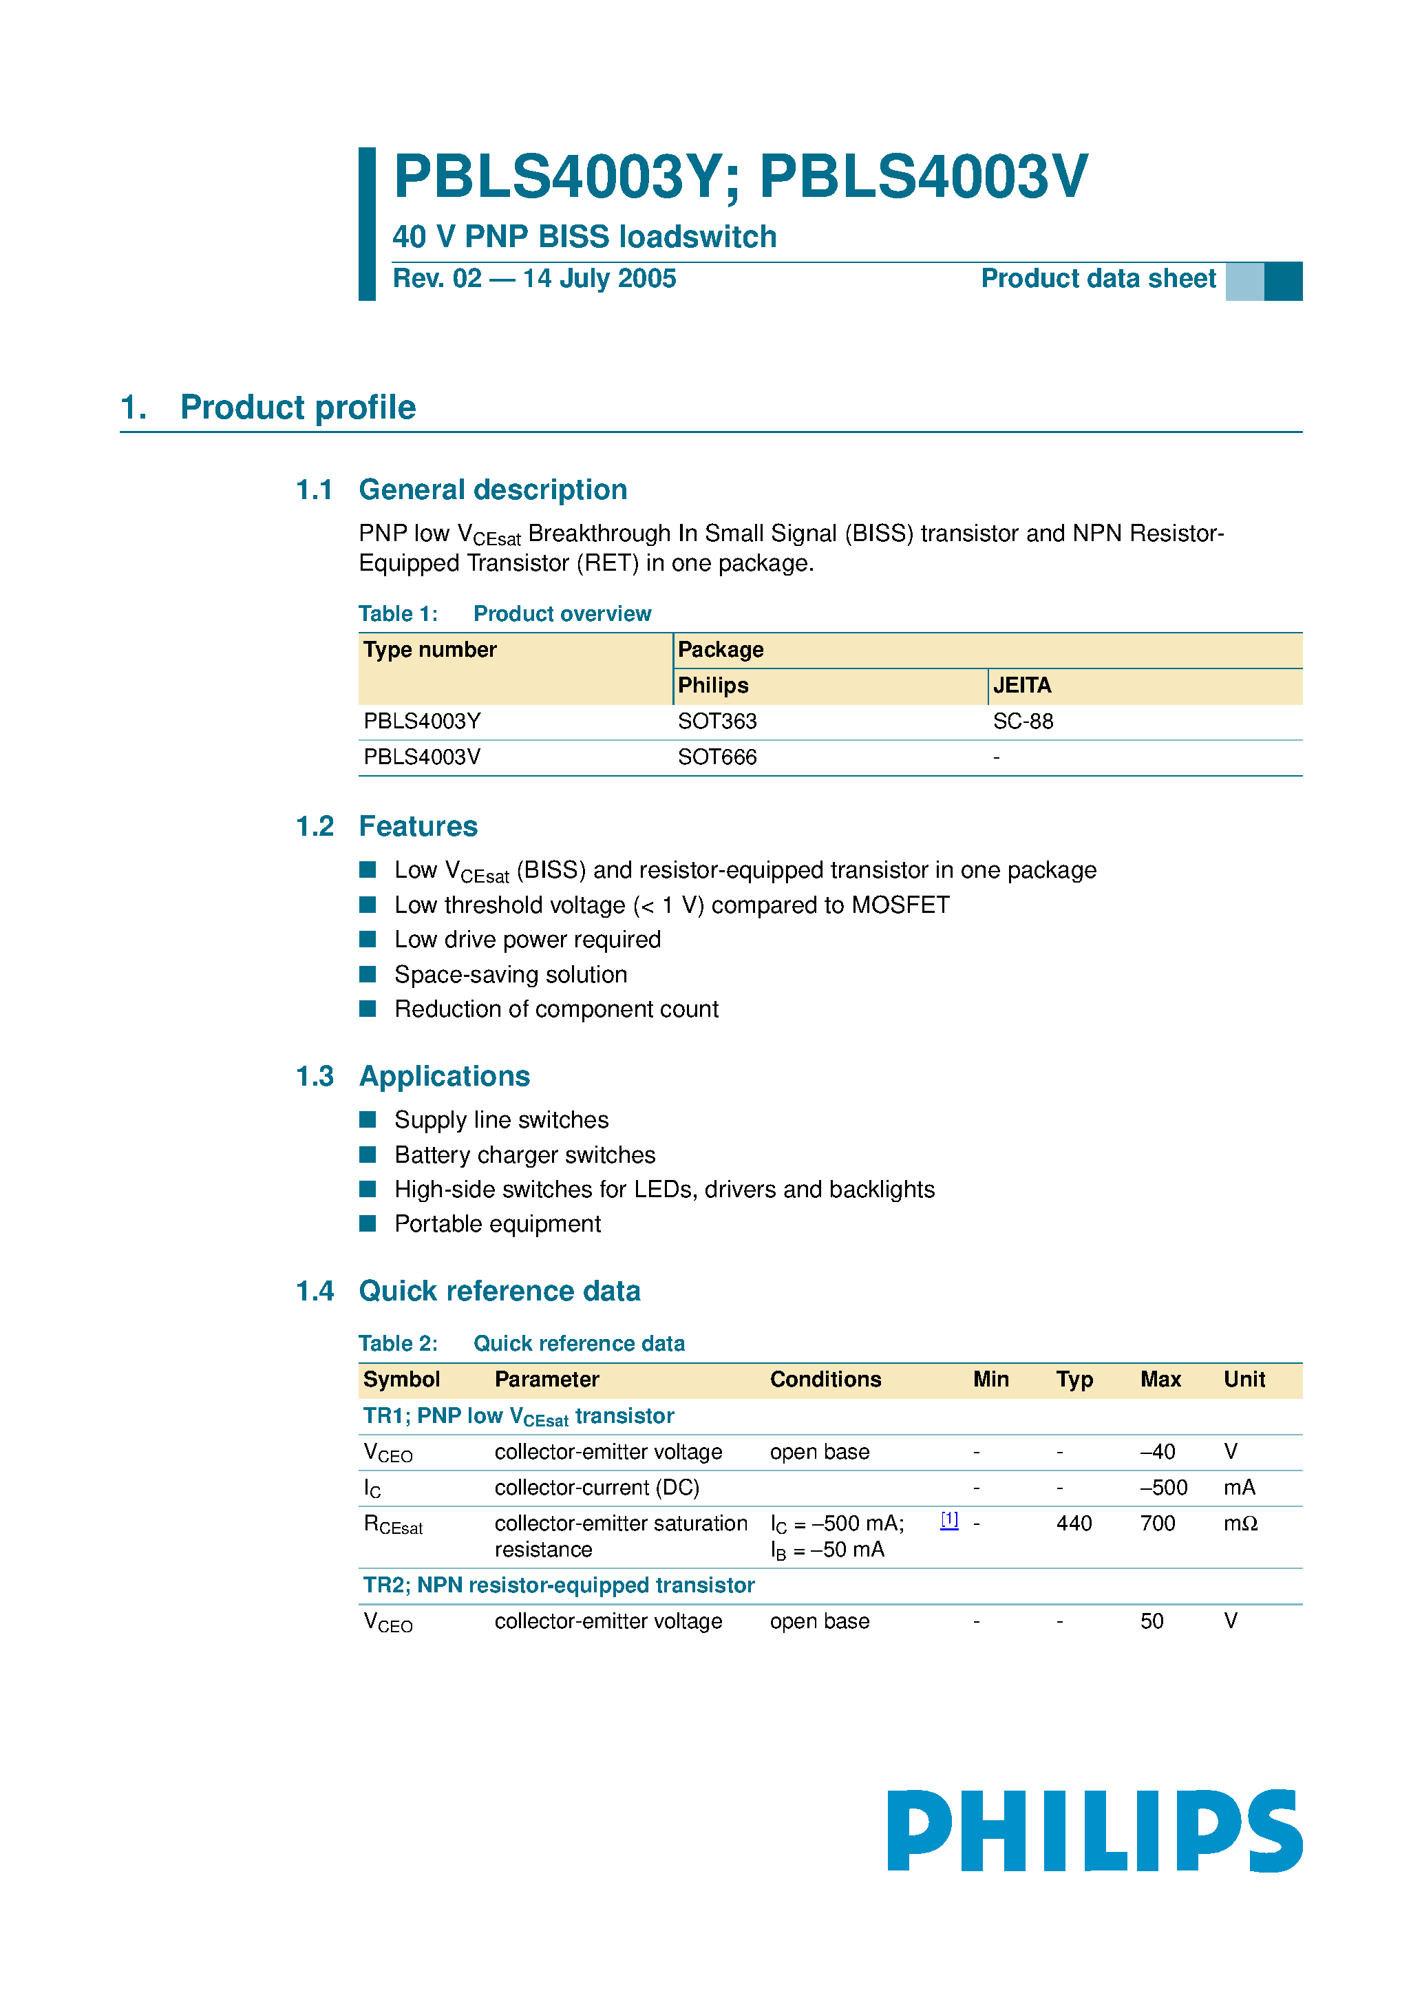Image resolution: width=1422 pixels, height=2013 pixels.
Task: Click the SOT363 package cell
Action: click(x=717, y=721)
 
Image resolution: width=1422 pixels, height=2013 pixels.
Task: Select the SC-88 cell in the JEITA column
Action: click(x=1022, y=721)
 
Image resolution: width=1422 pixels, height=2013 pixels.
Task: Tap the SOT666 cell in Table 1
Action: click(x=717, y=757)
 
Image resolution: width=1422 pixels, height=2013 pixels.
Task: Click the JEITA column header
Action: click(x=1021, y=686)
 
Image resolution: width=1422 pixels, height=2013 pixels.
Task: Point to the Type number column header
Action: click(x=429, y=650)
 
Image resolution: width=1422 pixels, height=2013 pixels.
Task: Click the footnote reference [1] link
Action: click(x=948, y=1520)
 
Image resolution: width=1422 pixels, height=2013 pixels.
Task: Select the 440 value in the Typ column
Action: click(x=1073, y=1524)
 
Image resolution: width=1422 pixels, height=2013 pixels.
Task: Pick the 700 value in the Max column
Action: click(x=1157, y=1524)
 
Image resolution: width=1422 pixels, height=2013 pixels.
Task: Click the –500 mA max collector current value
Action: click(x=1163, y=1488)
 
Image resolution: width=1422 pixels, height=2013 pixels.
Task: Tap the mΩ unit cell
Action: click(x=1240, y=1524)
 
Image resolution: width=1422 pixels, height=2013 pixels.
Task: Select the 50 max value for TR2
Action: click(x=1151, y=1621)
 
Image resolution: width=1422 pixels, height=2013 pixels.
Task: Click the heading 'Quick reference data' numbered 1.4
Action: click(x=499, y=1292)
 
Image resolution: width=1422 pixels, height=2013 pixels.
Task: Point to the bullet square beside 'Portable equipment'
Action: click(x=368, y=1223)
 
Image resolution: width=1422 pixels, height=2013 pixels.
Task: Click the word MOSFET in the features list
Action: click(x=900, y=905)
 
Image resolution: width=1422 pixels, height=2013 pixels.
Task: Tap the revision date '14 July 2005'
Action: click(x=599, y=279)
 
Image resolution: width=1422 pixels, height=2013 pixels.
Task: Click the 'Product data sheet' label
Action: click(x=1098, y=279)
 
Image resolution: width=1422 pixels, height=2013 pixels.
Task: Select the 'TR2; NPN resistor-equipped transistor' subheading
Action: click(x=558, y=1585)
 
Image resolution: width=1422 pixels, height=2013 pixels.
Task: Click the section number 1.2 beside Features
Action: click(x=315, y=827)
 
